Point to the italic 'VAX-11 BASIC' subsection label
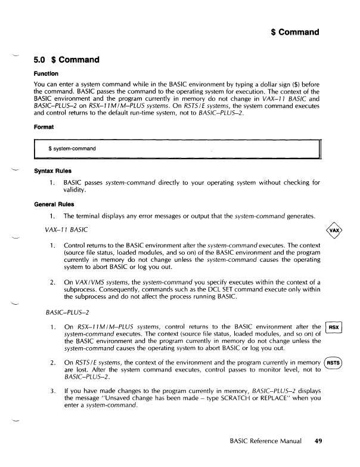(x=67, y=230)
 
